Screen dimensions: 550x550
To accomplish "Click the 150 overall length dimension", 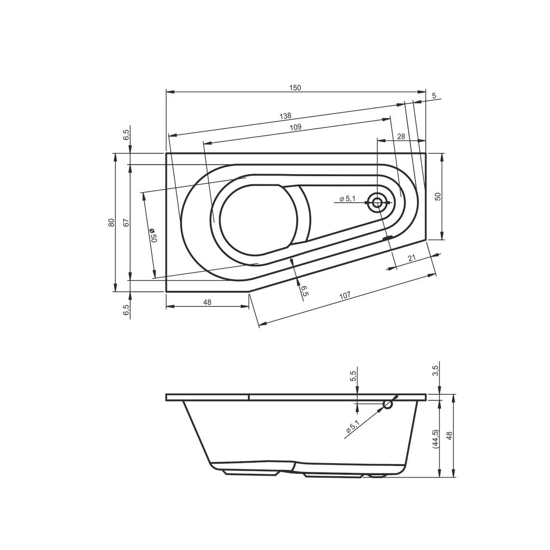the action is [295, 88].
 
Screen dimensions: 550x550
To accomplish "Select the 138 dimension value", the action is [285, 116].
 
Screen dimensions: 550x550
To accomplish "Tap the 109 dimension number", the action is [296, 127].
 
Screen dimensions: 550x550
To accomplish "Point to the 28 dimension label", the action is [401, 137].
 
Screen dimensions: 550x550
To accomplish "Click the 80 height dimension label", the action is [111, 222].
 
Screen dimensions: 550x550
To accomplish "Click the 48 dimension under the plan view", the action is [207, 302].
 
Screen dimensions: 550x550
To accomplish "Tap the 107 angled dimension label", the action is [345, 296].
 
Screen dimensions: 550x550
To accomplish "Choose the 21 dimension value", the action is [412, 258].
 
